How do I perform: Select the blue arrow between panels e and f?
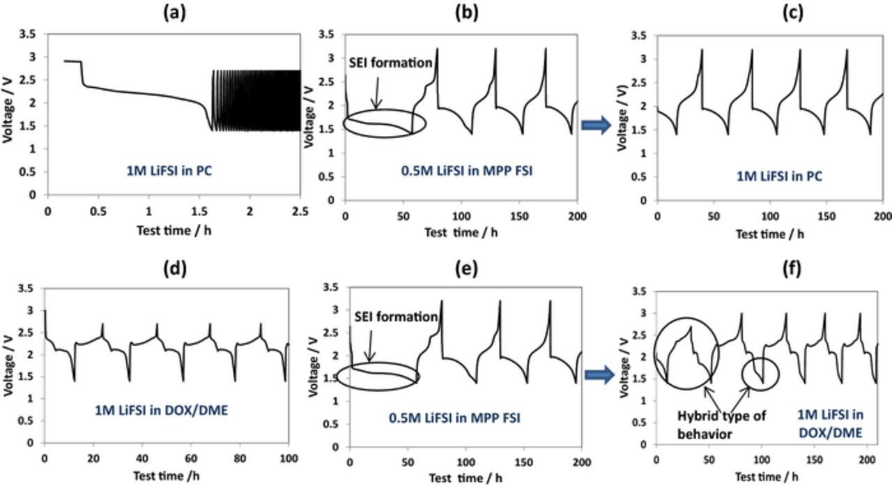coord(599,376)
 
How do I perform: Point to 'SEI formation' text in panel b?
coord(391,63)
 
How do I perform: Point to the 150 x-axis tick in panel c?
coord(825,216)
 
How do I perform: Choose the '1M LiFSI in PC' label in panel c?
coord(780,176)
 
